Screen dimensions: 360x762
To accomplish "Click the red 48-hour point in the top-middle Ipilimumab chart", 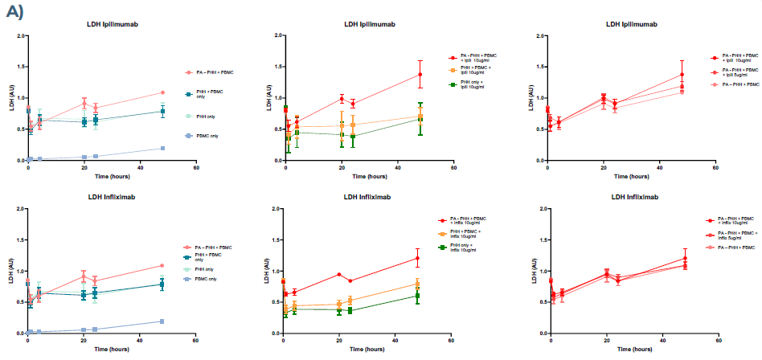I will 420,74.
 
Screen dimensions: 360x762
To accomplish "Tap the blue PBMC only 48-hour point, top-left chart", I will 163,148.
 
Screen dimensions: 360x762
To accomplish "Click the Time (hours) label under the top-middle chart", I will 369,175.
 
